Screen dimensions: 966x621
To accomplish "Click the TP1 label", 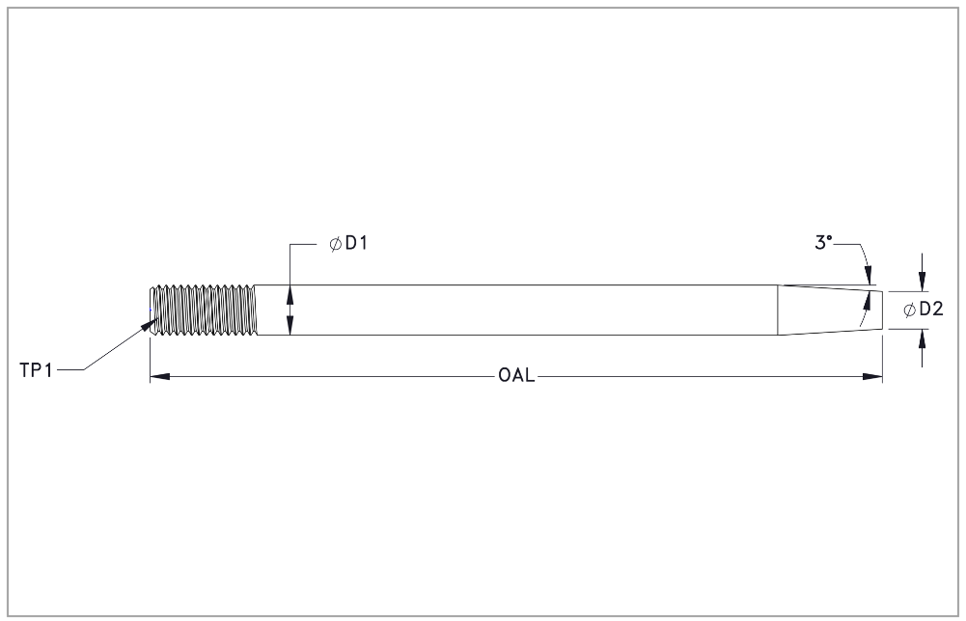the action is point(37,370).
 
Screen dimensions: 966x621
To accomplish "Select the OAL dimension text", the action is point(516,375).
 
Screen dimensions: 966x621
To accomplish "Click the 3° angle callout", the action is point(824,242).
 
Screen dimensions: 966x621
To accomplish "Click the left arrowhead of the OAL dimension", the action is point(160,376).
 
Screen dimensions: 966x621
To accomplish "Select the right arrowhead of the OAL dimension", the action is point(872,376).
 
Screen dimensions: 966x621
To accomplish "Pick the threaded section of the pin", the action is point(204,310).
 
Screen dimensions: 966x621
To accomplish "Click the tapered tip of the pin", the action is point(830,310).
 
